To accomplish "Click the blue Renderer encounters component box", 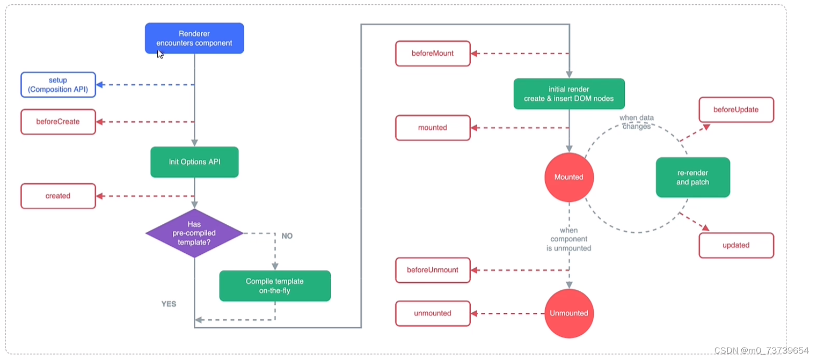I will (x=194, y=38).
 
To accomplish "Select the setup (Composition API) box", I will (x=58, y=85).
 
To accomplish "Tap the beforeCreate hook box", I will (x=58, y=122).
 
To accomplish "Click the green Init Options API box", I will (x=194, y=161).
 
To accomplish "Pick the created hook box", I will (x=58, y=196).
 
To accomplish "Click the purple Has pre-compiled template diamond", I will (x=194, y=233).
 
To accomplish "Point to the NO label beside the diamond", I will (x=287, y=236).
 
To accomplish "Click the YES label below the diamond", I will (x=169, y=304).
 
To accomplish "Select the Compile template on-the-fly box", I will (x=275, y=286).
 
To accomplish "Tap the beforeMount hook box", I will (x=433, y=54).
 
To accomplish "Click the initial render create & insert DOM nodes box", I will (x=568, y=94).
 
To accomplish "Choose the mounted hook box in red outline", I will (x=433, y=128).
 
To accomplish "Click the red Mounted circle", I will (x=568, y=177).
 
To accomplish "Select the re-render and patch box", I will (x=692, y=178).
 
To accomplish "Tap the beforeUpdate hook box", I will (x=736, y=109).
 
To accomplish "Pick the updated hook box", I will (x=736, y=245).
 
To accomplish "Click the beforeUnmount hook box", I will (x=433, y=270).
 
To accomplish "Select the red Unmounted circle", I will (x=568, y=313).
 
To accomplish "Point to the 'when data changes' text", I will (x=637, y=122).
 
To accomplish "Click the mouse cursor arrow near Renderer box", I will (x=160, y=54).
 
